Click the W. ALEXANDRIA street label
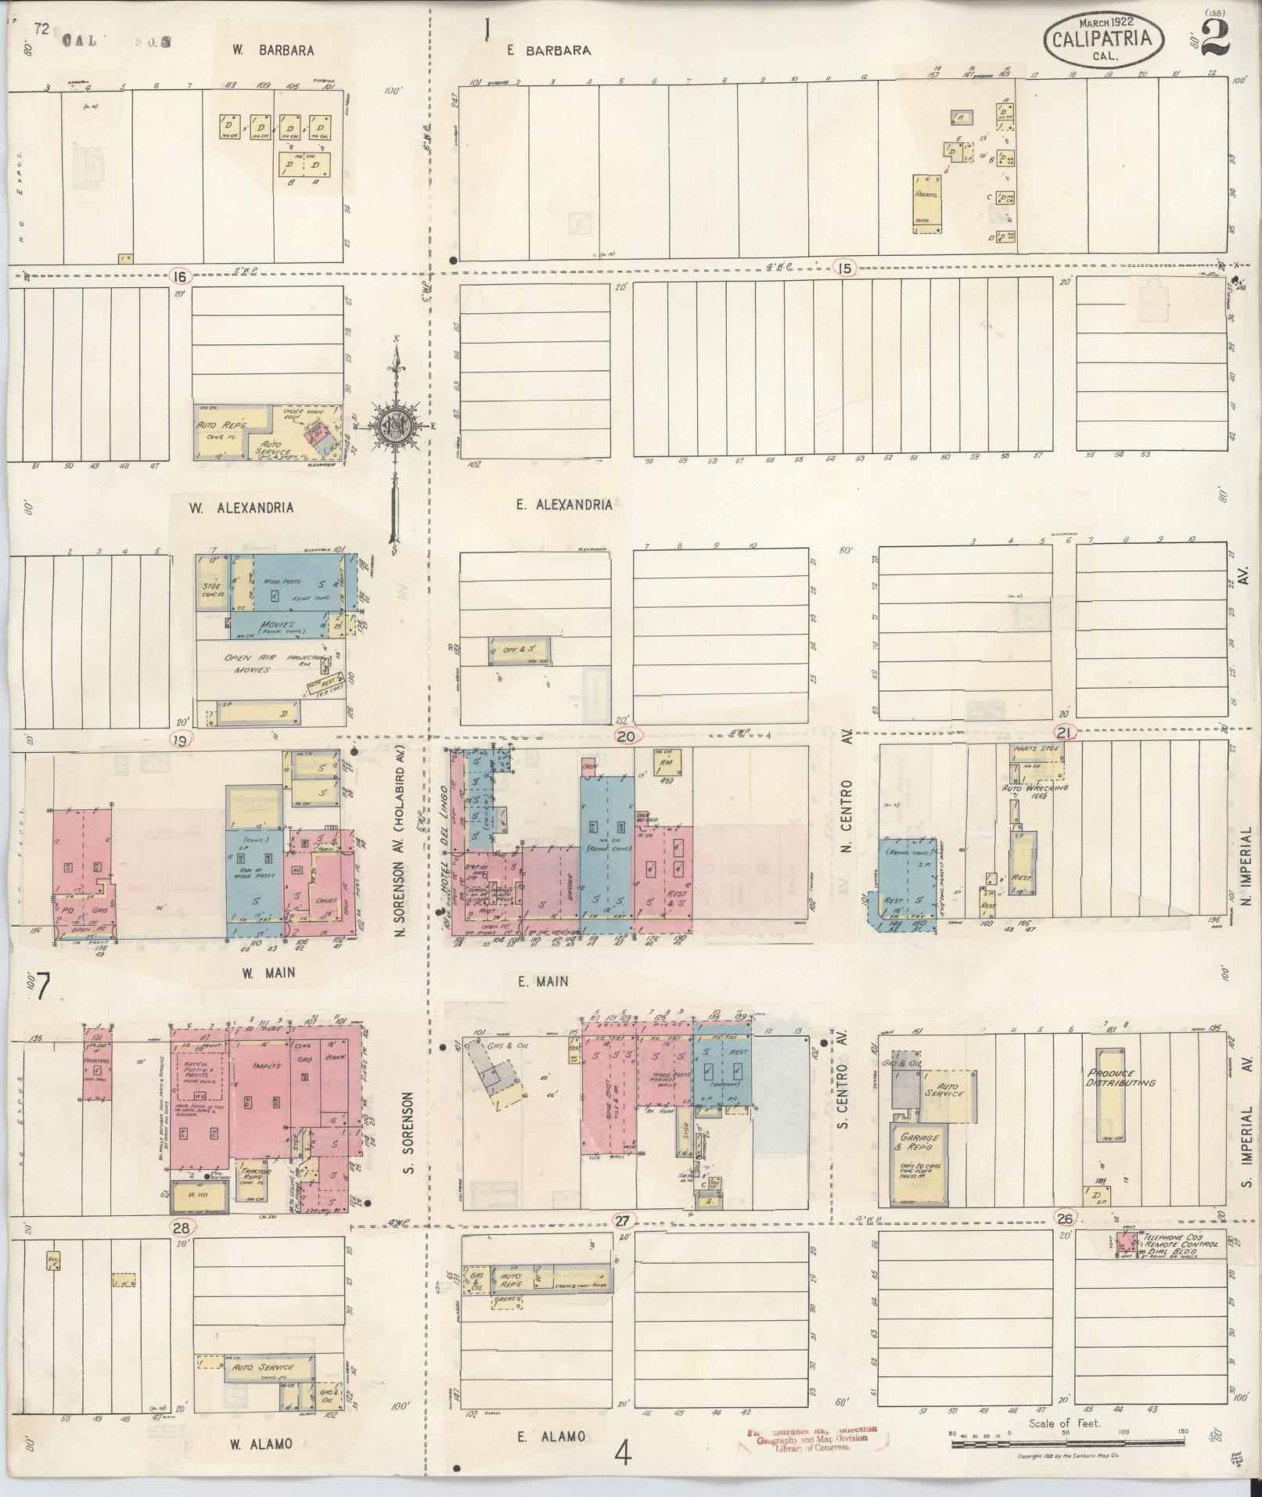coord(242,508)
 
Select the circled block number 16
coord(181,275)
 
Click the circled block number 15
coord(844,268)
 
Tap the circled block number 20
coord(627,736)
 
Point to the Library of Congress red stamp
coord(810,1440)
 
